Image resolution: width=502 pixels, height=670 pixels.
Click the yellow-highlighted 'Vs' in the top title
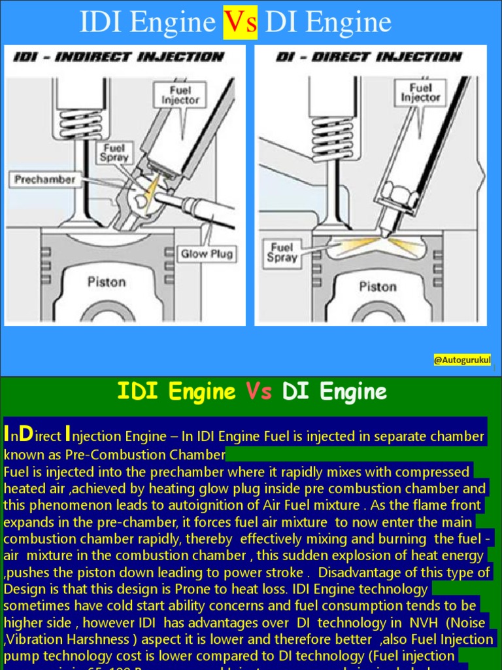(240, 24)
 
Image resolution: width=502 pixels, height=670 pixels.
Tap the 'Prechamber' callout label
(44, 179)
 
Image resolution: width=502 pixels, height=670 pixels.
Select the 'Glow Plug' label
(206, 254)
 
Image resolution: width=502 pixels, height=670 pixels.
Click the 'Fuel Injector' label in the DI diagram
(420, 93)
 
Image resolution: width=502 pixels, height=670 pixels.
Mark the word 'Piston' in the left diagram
(107, 282)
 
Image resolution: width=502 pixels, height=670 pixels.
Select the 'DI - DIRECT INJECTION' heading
(369, 57)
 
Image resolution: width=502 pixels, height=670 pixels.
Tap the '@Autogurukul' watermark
(462, 361)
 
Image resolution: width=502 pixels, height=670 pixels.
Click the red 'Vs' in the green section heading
(259, 391)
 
